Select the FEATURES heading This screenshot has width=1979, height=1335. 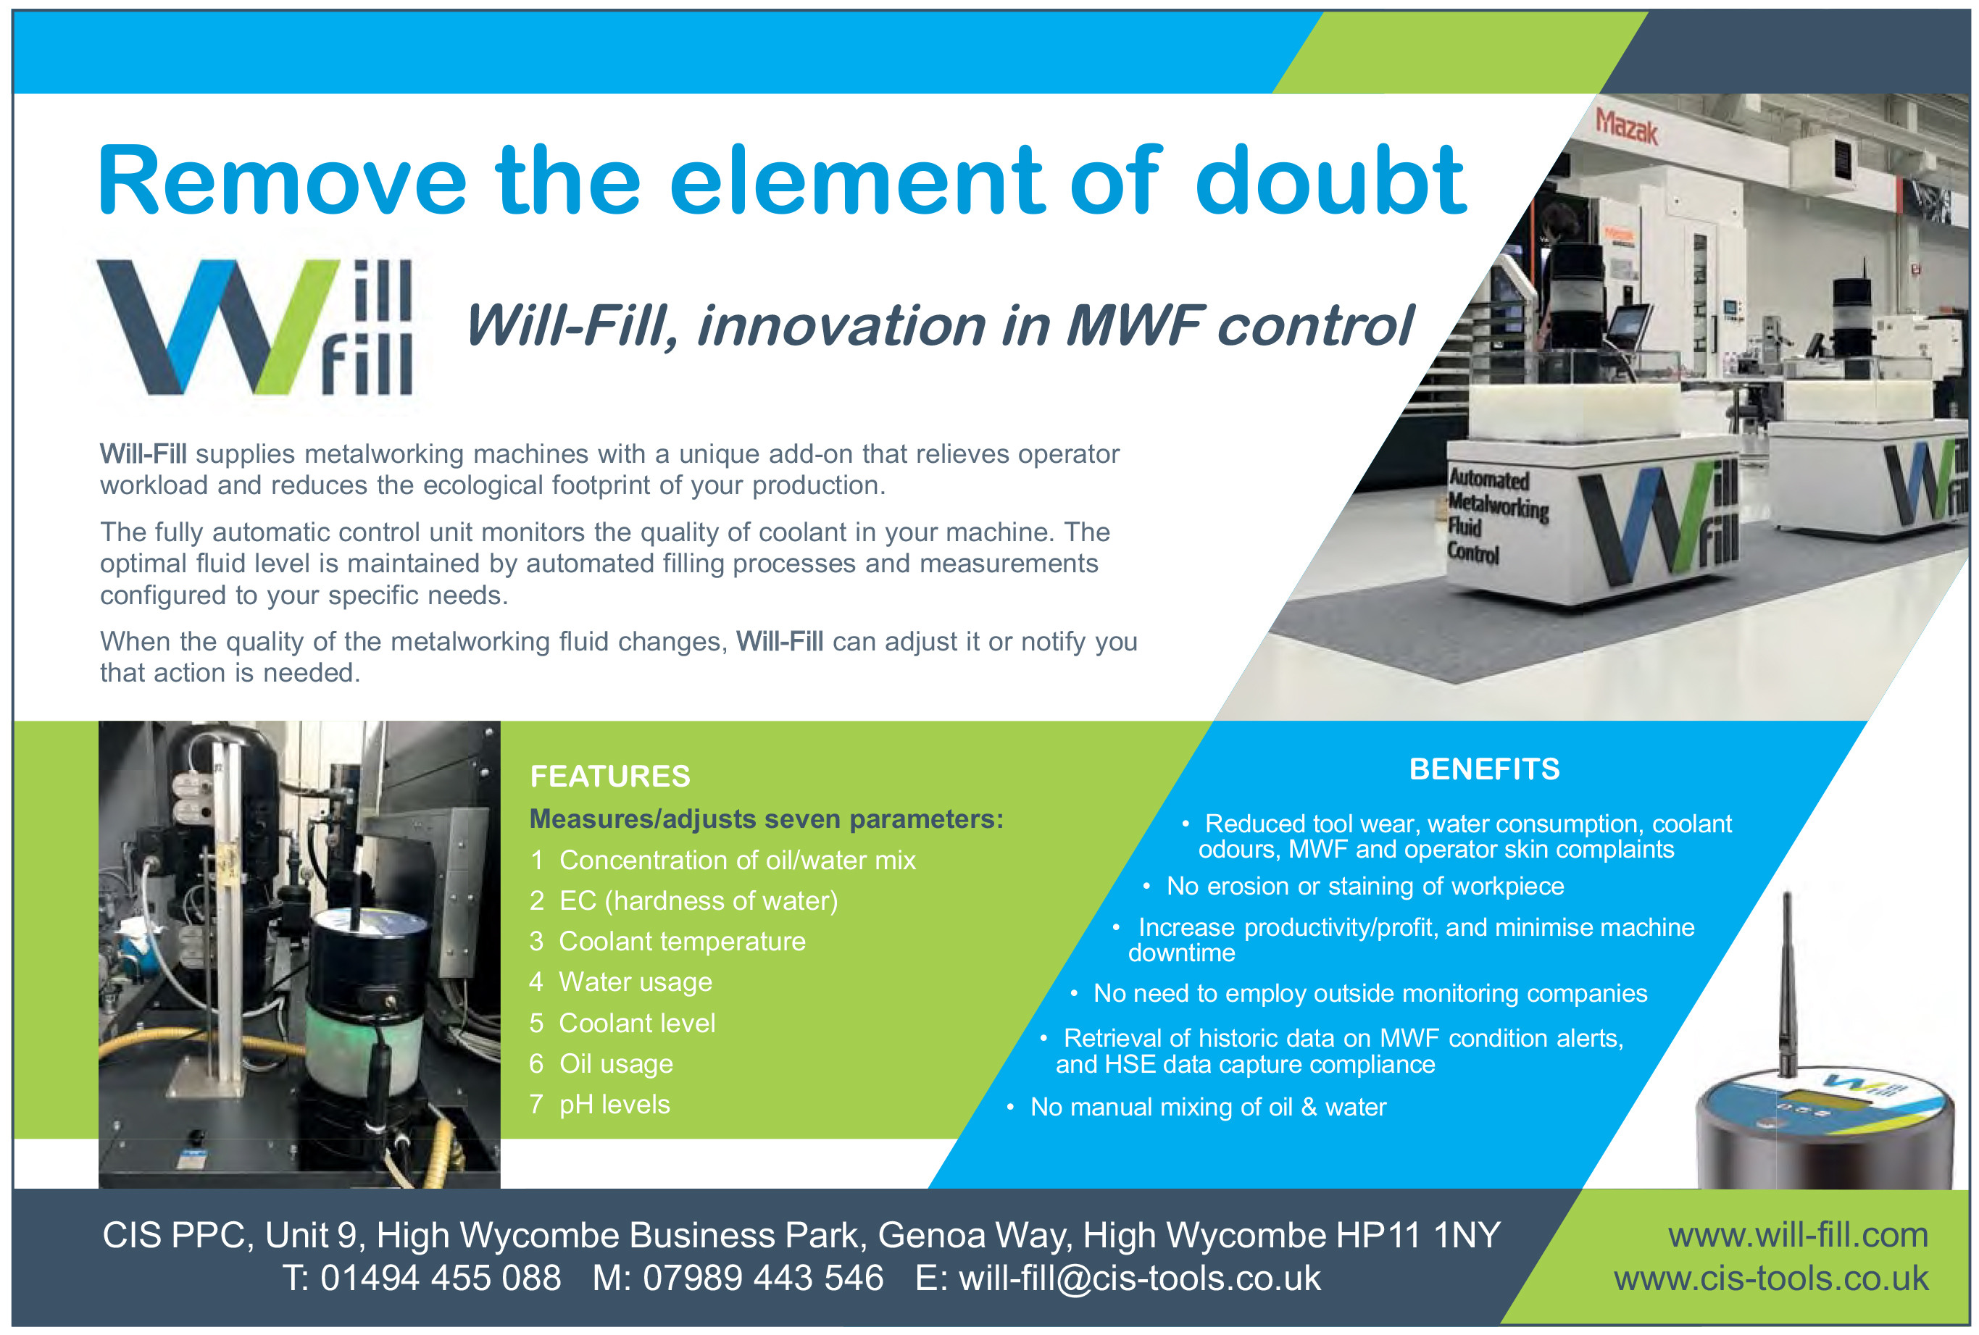[x=609, y=777]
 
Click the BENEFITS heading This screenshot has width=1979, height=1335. [x=1484, y=769]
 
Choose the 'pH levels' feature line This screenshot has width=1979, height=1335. [x=599, y=1104]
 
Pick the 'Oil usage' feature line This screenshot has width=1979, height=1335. [x=601, y=1063]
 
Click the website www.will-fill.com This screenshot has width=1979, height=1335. [x=1798, y=1234]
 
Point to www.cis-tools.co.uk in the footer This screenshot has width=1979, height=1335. [x=1771, y=1278]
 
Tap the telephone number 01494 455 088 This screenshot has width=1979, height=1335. [x=441, y=1278]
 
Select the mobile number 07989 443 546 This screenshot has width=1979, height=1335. [x=763, y=1278]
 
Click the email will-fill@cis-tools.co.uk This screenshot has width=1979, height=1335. [x=1139, y=1278]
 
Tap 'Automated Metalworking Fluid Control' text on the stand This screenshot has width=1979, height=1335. [x=1498, y=516]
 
